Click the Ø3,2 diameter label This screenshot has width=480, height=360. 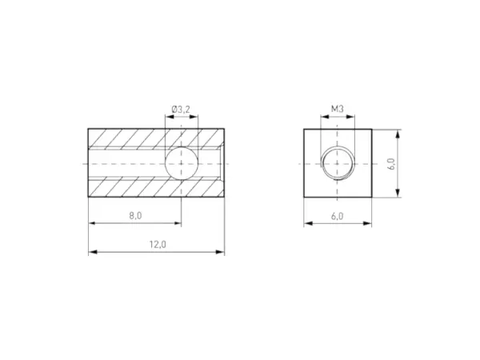click(181, 110)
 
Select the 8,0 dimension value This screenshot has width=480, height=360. click(134, 216)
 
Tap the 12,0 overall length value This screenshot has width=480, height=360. click(157, 245)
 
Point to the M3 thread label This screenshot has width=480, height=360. click(337, 110)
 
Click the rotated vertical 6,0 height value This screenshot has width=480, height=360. click(390, 163)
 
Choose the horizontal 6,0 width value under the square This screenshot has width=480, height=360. click(337, 216)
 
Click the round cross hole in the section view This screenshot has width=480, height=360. click(182, 162)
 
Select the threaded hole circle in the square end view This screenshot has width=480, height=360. click(337, 162)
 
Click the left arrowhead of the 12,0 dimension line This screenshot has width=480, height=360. click(91, 252)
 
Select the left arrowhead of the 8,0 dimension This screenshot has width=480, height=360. click(91, 223)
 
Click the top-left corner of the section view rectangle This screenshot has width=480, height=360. click(88, 128)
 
